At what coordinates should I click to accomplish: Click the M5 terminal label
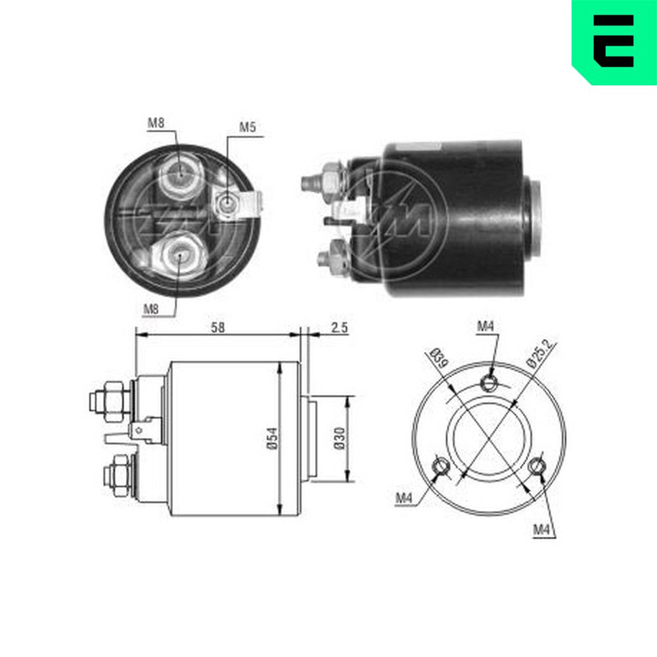(247, 127)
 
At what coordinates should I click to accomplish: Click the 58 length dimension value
(217, 327)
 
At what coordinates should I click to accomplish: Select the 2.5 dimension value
(340, 327)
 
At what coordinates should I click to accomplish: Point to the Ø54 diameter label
(273, 438)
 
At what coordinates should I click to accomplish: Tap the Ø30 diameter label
(340, 438)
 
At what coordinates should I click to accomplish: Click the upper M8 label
(156, 123)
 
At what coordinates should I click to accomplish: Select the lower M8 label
(151, 309)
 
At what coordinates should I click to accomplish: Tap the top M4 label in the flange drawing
(486, 326)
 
